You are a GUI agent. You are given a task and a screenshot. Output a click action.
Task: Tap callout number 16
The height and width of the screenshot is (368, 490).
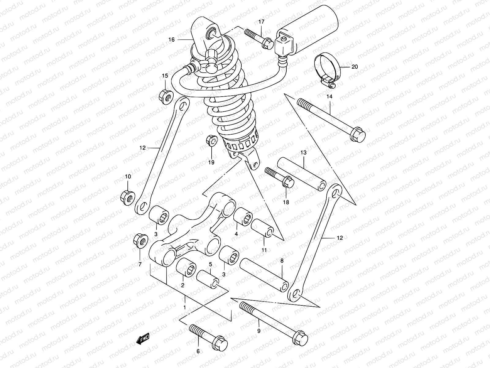[171, 40]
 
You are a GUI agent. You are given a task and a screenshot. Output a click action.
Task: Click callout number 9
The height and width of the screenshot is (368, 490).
[259, 331]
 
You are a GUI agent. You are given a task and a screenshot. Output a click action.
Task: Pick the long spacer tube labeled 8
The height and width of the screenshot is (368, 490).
[264, 272]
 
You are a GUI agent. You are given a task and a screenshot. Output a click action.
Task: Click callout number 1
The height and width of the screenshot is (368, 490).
[184, 307]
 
